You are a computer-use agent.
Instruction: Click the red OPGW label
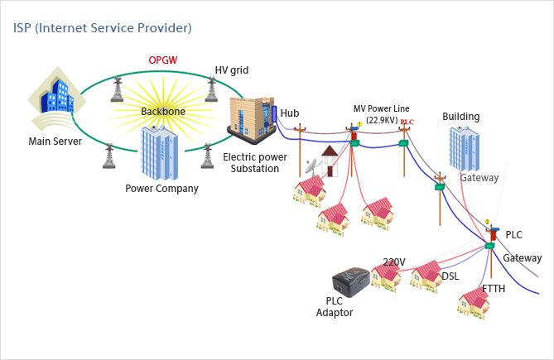[x=163, y=60]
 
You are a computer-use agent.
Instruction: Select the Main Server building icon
[x=56, y=97]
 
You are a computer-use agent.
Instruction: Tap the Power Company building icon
[x=160, y=153]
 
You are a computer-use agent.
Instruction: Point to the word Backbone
[x=163, y=110]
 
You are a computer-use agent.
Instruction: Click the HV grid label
[x=231, y=70]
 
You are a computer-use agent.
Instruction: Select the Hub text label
[x=290, y=113]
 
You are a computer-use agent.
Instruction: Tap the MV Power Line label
[x=381, y=109]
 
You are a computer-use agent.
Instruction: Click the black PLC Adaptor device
[x=352, y=284]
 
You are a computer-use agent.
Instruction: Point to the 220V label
[x=394, y=262]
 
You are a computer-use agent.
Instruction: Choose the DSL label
[x=450, y=276]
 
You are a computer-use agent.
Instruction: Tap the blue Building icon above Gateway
[x=463, y=149]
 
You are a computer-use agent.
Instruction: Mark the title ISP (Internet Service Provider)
[x=103, y=28]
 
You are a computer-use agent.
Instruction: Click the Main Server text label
[x=55, y=141]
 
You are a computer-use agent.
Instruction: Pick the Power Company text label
[x=161, y=188]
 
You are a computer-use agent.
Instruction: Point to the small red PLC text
[x=407, y=122]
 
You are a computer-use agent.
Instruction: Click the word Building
[x=460, y=117]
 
